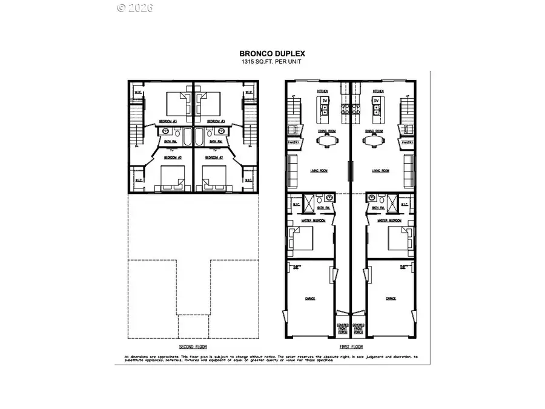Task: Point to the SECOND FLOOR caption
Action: coord(193,347)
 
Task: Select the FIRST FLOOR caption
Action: coord(351,347)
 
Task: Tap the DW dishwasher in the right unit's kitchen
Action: coord(376,100)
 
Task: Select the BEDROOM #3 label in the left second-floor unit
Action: coord(168,121)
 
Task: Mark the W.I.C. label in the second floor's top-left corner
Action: coord(138,93)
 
